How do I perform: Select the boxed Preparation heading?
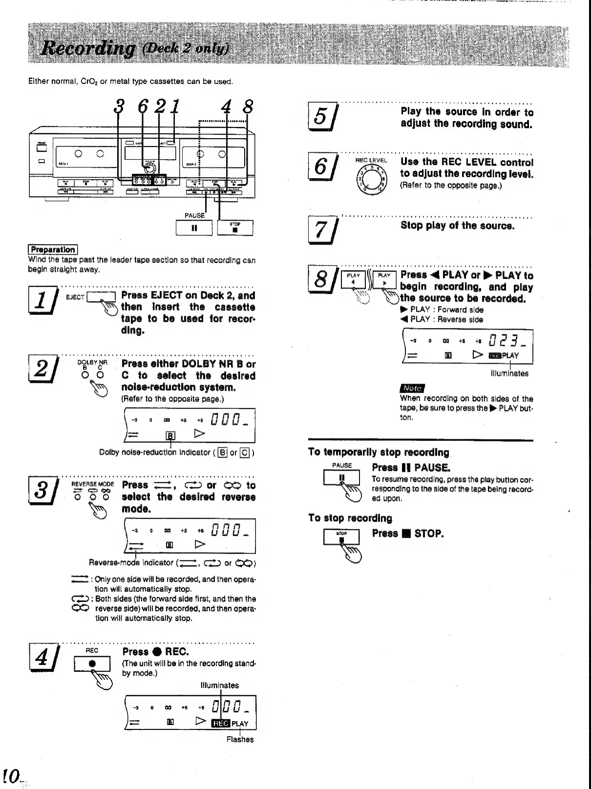click(x=53, y=250)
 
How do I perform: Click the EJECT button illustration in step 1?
click(x=101, y=297)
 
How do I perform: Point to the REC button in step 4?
click(x=92, y=664)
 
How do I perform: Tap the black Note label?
click(x=412, y=388)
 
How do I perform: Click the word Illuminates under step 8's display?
click(x=509, y=374)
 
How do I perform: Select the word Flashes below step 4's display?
click(x=240, y=739)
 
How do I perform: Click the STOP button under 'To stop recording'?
click(x=341, y=537)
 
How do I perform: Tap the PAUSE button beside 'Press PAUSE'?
click(x=341, y=478)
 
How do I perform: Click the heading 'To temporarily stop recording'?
click(x=379, y=452)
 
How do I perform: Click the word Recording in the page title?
click(x=89, y=48)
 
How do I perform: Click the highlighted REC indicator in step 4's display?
click(x=220, y=723)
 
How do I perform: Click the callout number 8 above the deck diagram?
click(x=248, y=107)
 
